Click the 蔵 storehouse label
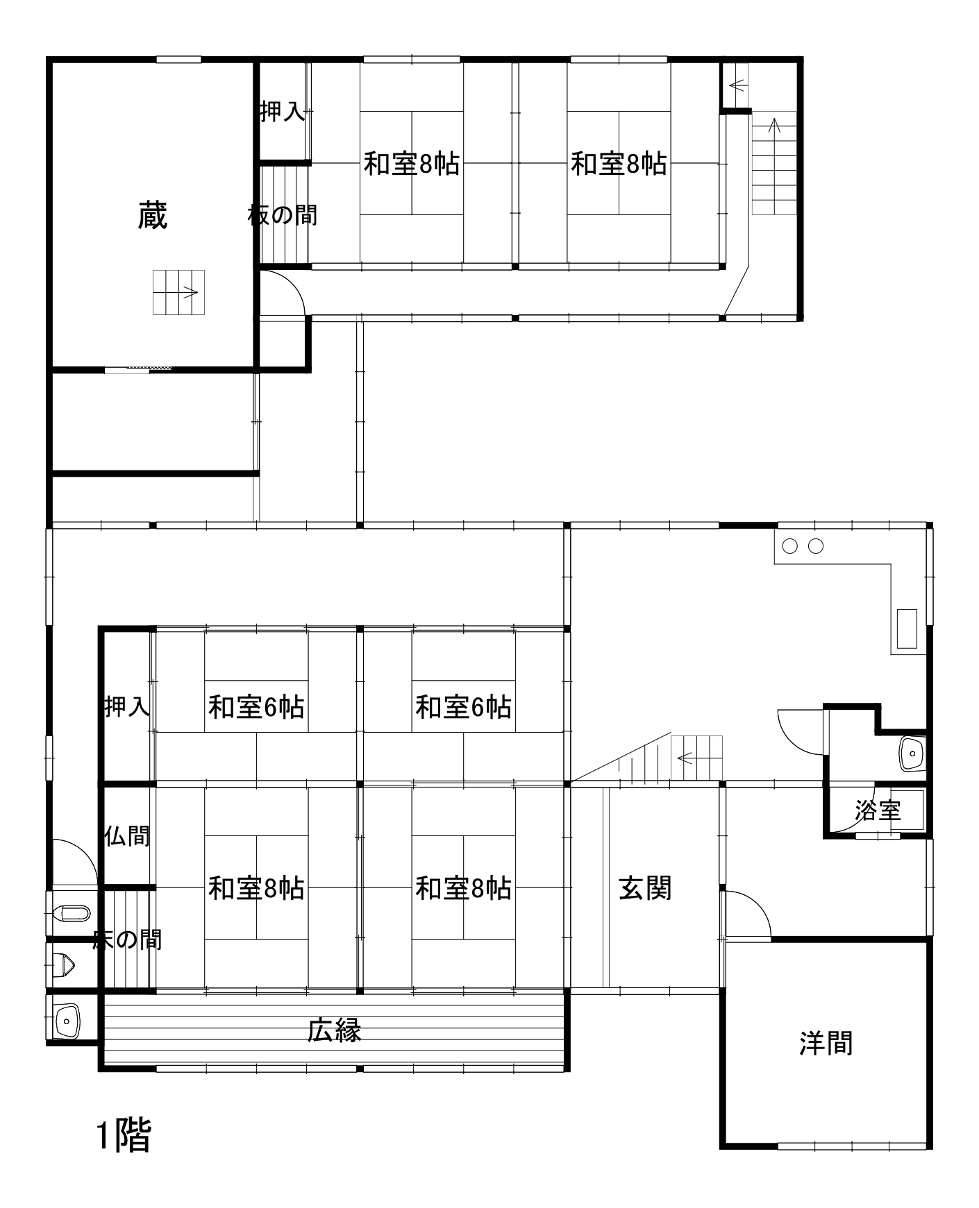pyautogui.click(x=153, y=215)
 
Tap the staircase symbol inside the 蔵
pyautogui.click(x=178, y=292)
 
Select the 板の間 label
pyautogui.click(x=283, y=215)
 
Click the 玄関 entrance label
pyautogui.click(x=645, y=888)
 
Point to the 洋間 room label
pyautogui.click(x=826, y=1044)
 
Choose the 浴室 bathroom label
pyautogui.click(x=878, y=810)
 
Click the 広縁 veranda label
pyautogui.click(x=334, y=1030)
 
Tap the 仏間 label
pyautogui.click(x=127, y=836)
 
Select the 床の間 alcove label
pyautogui.click(x=127, y=940)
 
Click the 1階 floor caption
pyautogui.click(x=123, y=1135)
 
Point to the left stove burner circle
pyautogui.click(x=789, y=546)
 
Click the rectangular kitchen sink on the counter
pyautogui.click(x=907, y=629)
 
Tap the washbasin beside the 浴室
pyautogui.click(x=912, y=754)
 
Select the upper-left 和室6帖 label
pyautogui.click(x=256, y=708)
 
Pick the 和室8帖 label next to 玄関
pyautogui.click(x=463, y=888)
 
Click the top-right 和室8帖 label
pyautogui.click(x=619, y=164)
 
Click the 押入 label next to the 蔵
pyautogui.click(x=283, y=111)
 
